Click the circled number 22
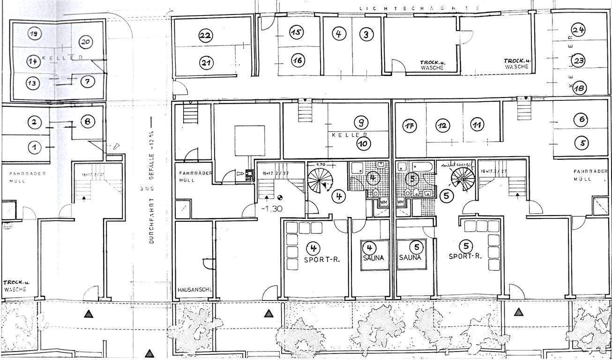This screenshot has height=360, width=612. tap(205, 36)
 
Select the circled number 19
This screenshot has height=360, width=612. tap(33, 33)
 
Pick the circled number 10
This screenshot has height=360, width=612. tap(362, 143)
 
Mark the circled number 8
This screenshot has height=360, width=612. tap(88, 121)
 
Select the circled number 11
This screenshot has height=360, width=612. tap(477, 125)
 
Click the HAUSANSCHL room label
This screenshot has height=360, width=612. tap(194, 290)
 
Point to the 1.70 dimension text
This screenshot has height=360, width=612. tap(321, 165)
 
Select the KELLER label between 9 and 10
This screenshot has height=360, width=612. tap(346, 135)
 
